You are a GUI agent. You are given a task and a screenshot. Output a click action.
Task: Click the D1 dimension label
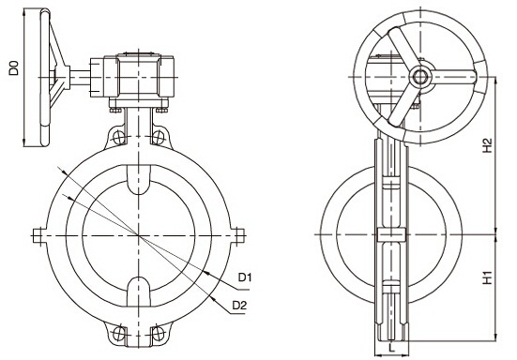(243, 277)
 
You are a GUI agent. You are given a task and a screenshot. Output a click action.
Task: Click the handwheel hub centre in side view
(419, 75)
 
